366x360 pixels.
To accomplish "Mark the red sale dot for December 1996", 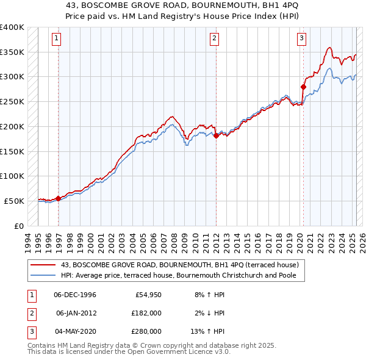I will (x=59, y=198).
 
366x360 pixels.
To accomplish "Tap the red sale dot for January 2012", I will (x=215, y=135).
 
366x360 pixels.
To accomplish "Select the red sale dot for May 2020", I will (x=303, y=87).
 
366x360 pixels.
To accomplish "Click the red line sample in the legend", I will (x=44, y=265).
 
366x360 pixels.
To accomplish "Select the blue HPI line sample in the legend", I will (x=44, y=275).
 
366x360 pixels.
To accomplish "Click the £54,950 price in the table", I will (x=147, y=295).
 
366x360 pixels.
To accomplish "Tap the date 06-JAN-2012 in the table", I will (x=76, y=313).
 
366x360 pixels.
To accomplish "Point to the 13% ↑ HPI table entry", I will (x=207, y=331).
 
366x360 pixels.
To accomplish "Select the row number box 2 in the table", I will (x=30, y=313).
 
